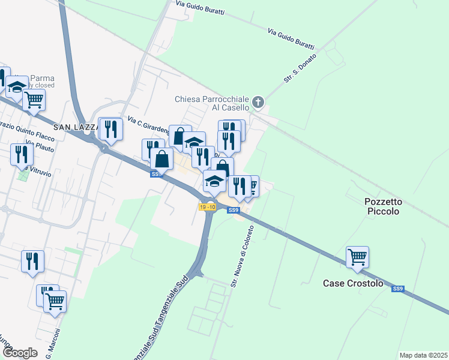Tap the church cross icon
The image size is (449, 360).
(259, 102)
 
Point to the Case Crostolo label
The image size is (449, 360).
(352, 283)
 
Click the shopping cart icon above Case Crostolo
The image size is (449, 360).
(357, 257)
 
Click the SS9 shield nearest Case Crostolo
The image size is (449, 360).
(397, 289)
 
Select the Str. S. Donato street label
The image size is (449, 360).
(295, 70)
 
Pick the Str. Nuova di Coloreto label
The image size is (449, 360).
(243, 254)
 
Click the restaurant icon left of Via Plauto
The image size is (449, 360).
(22, 155)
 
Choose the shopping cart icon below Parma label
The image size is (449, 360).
(34, 100)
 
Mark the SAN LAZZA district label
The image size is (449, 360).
(74, 127)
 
